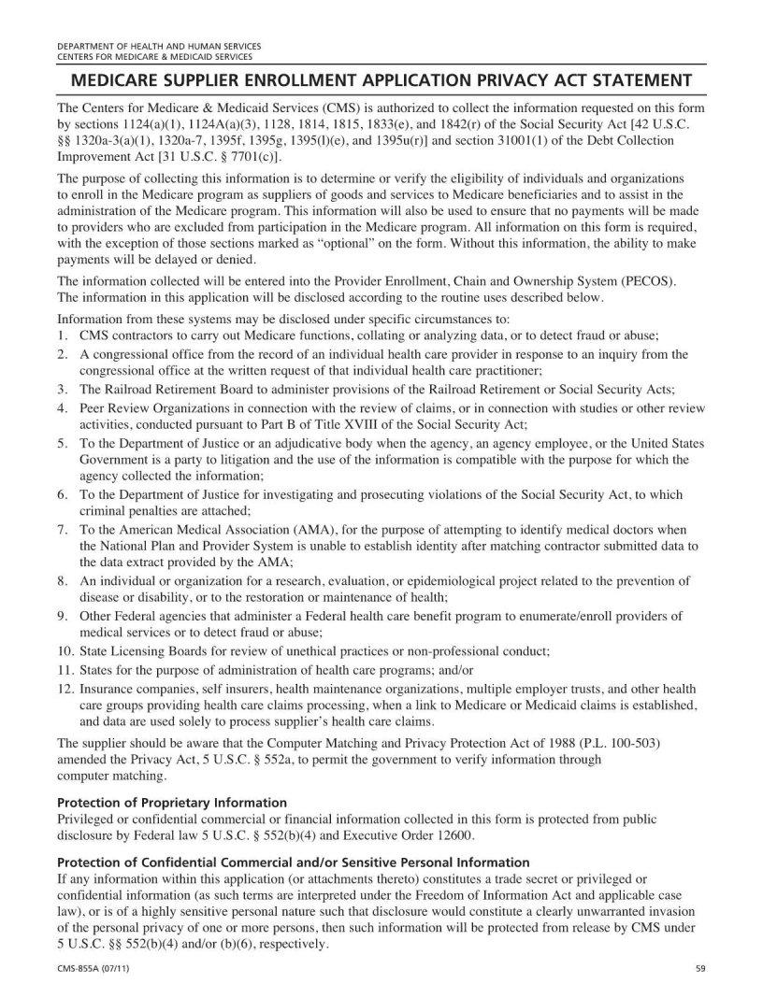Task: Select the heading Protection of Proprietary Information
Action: coord(172,803)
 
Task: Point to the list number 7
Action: coord(62,529)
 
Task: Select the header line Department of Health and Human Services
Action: coord(159,46)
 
